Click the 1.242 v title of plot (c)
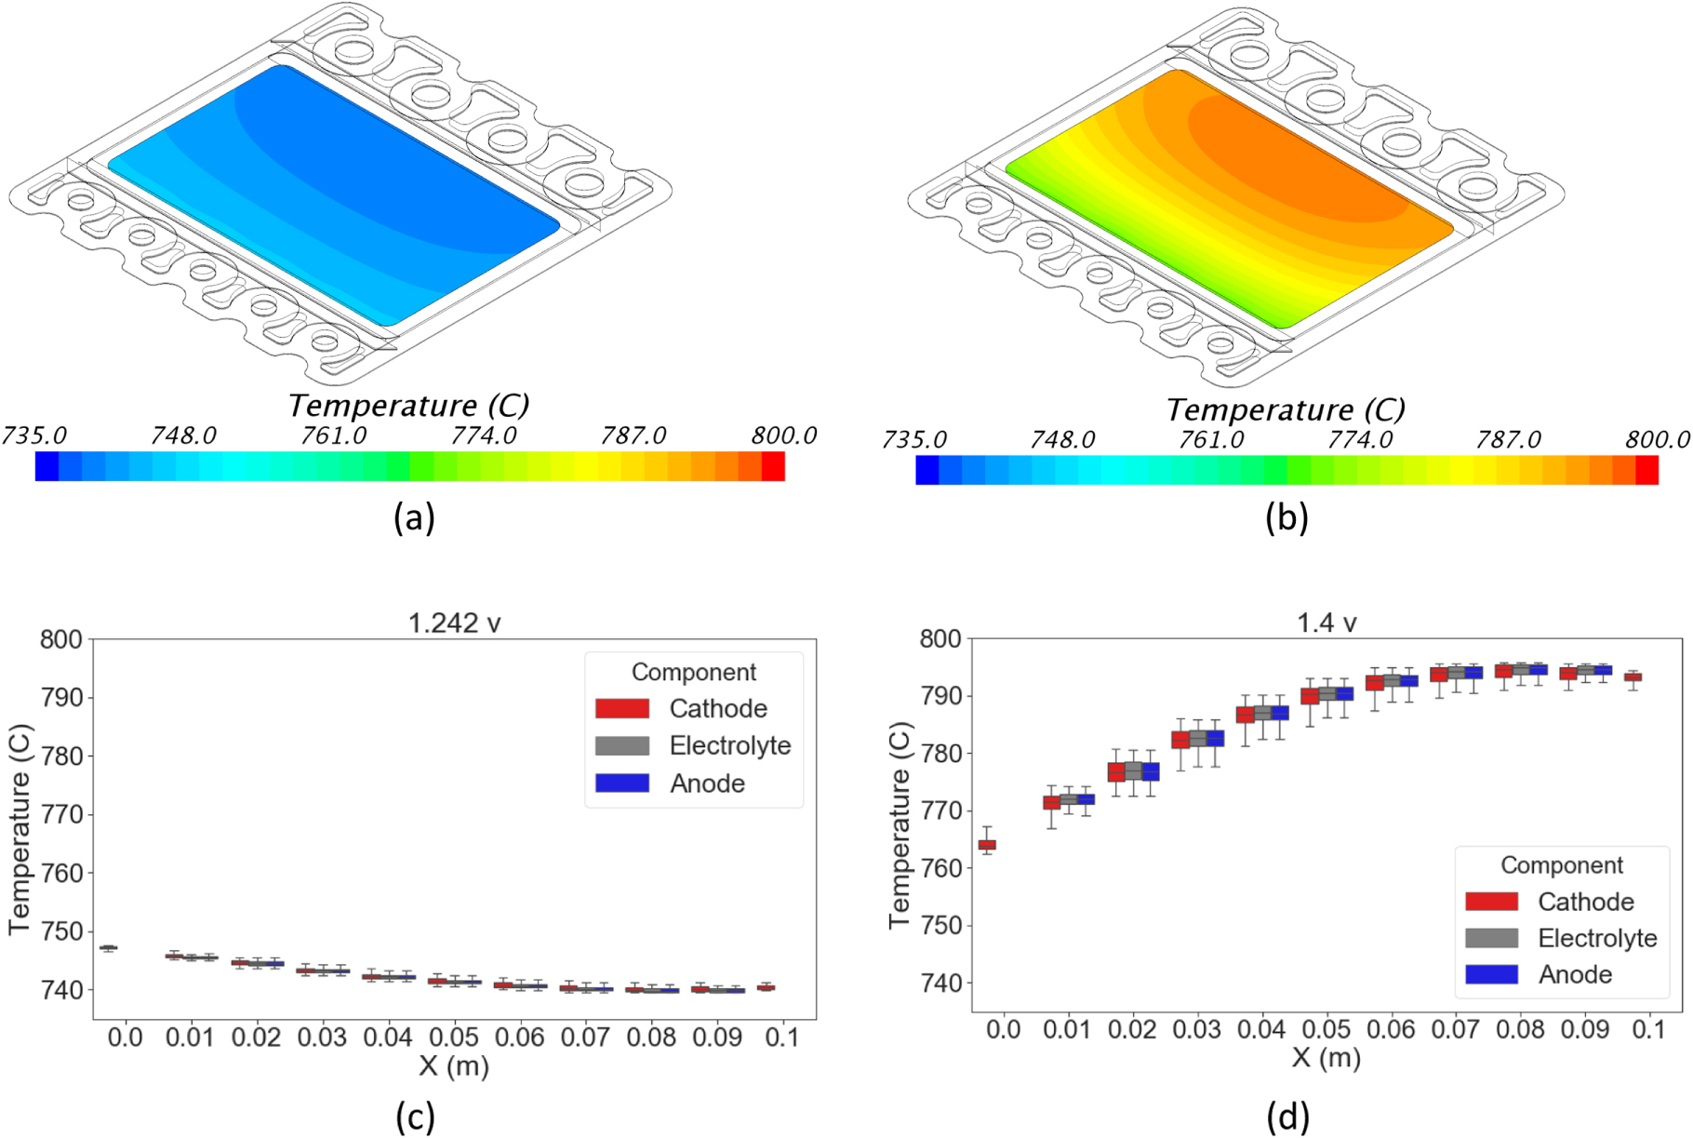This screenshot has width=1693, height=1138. [x=455, y=623]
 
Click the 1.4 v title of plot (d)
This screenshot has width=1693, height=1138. [x=1326, y=622]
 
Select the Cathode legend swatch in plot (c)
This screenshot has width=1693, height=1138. [x=622, y=708]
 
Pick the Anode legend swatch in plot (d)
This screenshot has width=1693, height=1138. [x=1491, y=974]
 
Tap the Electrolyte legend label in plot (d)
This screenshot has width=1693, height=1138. [x=1597, y=938]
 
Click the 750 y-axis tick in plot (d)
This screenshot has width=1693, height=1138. [x=941, y=925]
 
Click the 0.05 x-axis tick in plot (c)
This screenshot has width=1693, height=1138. [x=454, y=1037]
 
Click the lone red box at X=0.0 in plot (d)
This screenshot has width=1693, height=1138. [x=987, y=845]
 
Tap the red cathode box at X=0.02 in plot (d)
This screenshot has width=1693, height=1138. [x=1116, y=772]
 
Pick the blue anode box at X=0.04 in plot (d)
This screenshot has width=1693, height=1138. [x=1280, y=713]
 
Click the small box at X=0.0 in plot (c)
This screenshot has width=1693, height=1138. [x=109, y=948]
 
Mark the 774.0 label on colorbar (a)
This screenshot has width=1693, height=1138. [x=484, y=435]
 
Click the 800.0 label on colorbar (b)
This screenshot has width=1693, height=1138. [x=1658, y=439]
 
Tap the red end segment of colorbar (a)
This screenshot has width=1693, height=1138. [x=773, y=466]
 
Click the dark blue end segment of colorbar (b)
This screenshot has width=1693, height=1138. [x=927, y=470]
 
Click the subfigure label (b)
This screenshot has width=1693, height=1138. [x=1286, y=517]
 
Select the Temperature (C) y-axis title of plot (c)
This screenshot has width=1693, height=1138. [x=20, y=828]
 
